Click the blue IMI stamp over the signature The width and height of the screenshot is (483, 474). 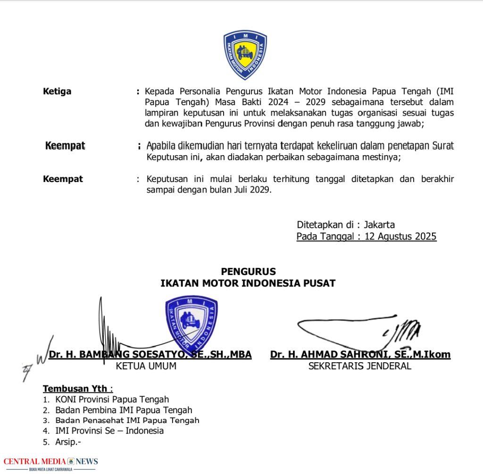click(191, 321)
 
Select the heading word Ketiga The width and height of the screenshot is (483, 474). click(57, 91)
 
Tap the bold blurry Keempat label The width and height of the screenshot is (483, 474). click(65, 146)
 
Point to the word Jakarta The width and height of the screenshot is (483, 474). click(379, 225)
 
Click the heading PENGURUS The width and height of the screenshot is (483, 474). click(248, 271)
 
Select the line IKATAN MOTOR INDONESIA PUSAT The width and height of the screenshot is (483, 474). click(248, 283)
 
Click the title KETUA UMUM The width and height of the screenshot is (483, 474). click(146, 366)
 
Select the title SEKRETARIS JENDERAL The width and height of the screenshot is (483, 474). click(359, 366)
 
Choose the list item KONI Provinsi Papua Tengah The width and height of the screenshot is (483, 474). click(112, 399)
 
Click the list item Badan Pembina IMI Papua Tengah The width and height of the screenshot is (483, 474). click(124, 410)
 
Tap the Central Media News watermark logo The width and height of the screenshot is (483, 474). click(50, 463)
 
